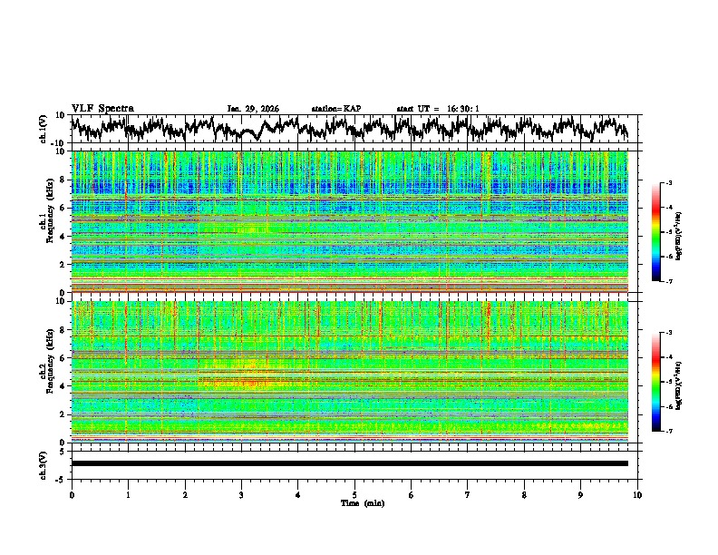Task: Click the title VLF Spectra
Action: (x=102, y=108)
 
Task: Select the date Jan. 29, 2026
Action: (x=253, y=109)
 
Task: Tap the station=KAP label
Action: (x=335, y=109)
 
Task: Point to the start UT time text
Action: (x=437, y=109)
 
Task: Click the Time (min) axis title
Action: (x=354, y=502)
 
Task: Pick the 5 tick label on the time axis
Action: (x=354, y=494)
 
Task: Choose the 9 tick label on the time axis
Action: (x=581, y=494)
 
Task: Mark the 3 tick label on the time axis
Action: (x=241, y=494)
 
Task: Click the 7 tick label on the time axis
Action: (x=468, y=494)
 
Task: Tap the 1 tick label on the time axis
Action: (x=128, y=494)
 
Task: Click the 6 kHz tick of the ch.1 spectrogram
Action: (x=63, y=208)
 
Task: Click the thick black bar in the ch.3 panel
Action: (x=350, y=463)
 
